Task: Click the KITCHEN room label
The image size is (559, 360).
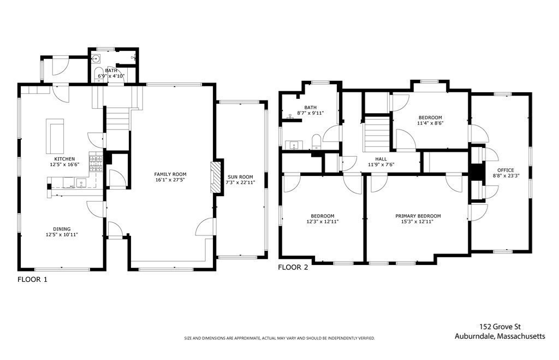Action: pos(64,159)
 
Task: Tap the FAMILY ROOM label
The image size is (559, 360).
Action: pos(170,174)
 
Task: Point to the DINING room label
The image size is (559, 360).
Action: pos(62,229)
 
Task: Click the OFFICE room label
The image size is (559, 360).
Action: pos(506,170)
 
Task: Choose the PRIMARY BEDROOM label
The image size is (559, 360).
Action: pos(418,216)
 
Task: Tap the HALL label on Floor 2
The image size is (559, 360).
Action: pos(380,159)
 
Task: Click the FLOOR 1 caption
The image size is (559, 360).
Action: pos(32,280)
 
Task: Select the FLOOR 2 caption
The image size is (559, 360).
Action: pos(293,267)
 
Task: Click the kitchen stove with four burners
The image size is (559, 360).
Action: pos(96,163)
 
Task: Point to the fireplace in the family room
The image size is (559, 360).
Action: pos(215,178)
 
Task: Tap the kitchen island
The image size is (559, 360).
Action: pos(55,136)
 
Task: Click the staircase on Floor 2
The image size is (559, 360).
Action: pos(377,134)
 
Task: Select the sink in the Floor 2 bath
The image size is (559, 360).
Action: pos(294,145)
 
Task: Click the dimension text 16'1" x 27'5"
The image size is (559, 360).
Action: pos(170,180)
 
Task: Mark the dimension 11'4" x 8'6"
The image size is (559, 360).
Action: pos(430,123)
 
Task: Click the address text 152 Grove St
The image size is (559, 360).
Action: pos(500,327)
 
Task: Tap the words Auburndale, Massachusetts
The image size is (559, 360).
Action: pos(500,336)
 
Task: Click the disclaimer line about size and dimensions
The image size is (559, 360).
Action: pos(279,338)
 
